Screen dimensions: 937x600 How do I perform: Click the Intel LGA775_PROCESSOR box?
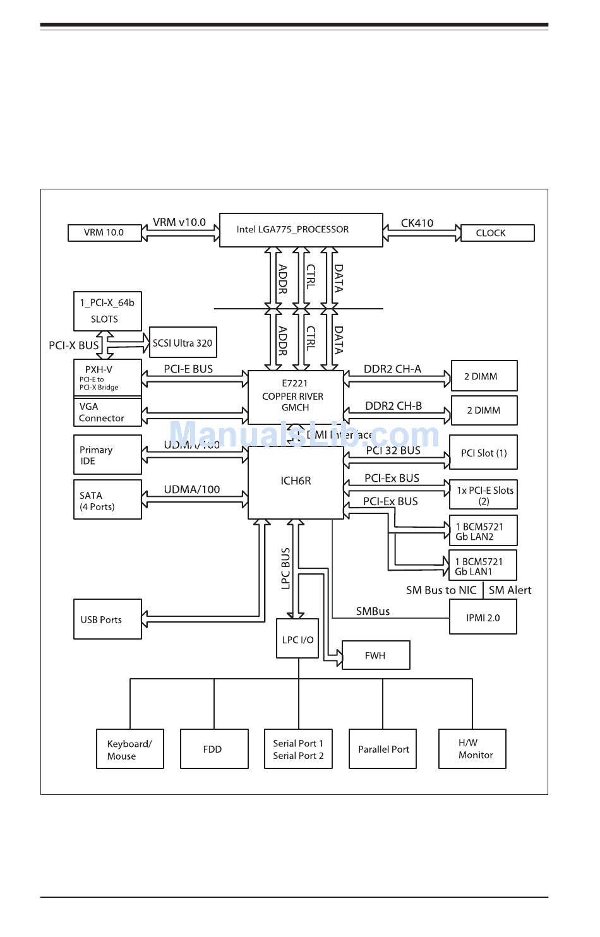point(301,230)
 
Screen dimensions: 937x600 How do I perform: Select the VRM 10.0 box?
point(104,233)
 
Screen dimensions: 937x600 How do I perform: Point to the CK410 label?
point(417,223)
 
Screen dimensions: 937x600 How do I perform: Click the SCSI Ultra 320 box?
point(183,343)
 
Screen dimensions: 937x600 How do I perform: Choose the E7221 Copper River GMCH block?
point(295,396)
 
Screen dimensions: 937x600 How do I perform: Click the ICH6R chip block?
point(295,482)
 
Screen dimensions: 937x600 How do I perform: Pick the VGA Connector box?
point(107,412)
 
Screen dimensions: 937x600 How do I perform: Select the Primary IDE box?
point(107,455)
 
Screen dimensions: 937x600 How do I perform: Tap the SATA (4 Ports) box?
point(107,501)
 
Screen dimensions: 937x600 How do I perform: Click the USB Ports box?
point(107,620)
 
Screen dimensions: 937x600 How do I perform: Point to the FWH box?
point(375,656)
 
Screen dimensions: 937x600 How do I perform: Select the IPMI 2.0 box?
point(483,618)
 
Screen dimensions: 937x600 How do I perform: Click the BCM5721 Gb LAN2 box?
point(483,532)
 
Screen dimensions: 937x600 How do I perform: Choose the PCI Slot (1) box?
point(483,453)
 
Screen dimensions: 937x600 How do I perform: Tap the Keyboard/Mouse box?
point(129,749)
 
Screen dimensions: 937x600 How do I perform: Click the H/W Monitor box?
point(472,749)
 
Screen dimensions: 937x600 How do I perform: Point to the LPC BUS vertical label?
point(285,568)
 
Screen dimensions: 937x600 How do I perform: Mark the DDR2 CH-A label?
point(392,369)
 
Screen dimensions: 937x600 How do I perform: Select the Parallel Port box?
point(383,749)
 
